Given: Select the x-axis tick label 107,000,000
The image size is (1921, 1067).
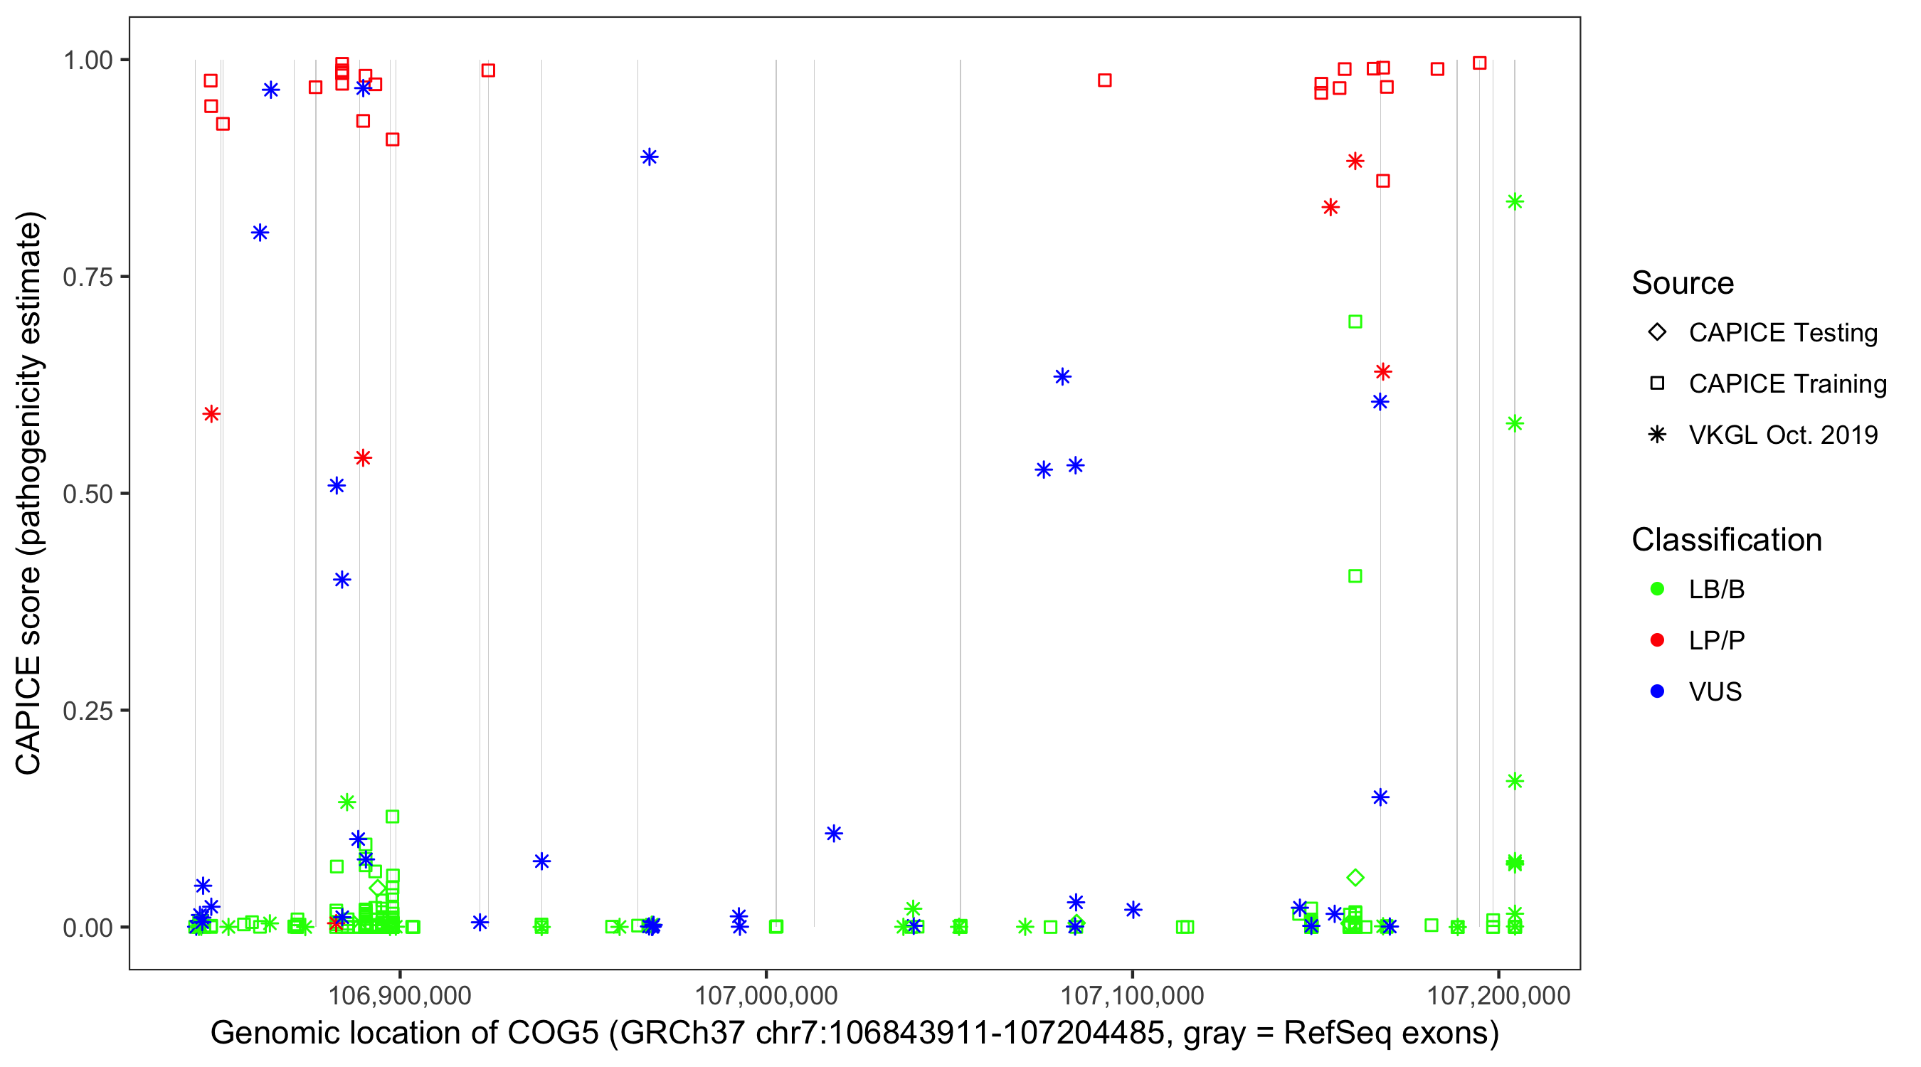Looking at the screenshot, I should [x=766, y=995].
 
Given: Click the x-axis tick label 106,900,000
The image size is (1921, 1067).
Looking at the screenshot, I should [x=400, y=995].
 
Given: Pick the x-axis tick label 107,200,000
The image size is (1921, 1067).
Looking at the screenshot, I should [x=1498, y=995].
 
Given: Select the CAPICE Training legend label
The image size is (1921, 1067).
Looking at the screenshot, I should [x=1787, y=384].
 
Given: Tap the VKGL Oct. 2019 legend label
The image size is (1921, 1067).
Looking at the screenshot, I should [x=1783, y=435].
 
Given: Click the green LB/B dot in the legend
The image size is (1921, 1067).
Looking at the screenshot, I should [x=1657, y=589].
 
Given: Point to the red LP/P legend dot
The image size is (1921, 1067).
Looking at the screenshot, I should [x=1657, y=640].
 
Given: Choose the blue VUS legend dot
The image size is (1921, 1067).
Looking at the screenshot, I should [x=1657, y=692].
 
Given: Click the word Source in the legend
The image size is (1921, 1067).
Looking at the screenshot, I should [x=1683, y=283].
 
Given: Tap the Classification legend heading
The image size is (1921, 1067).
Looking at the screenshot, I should [x=1726, y=540].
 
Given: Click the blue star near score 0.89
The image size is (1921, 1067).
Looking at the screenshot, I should [x=650, y=156].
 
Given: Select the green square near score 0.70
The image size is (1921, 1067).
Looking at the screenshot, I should [x=1355, y=322].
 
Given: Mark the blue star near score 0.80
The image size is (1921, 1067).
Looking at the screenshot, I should [x=260, y=233].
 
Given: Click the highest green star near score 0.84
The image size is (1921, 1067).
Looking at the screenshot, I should [x=1515, y=201].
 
